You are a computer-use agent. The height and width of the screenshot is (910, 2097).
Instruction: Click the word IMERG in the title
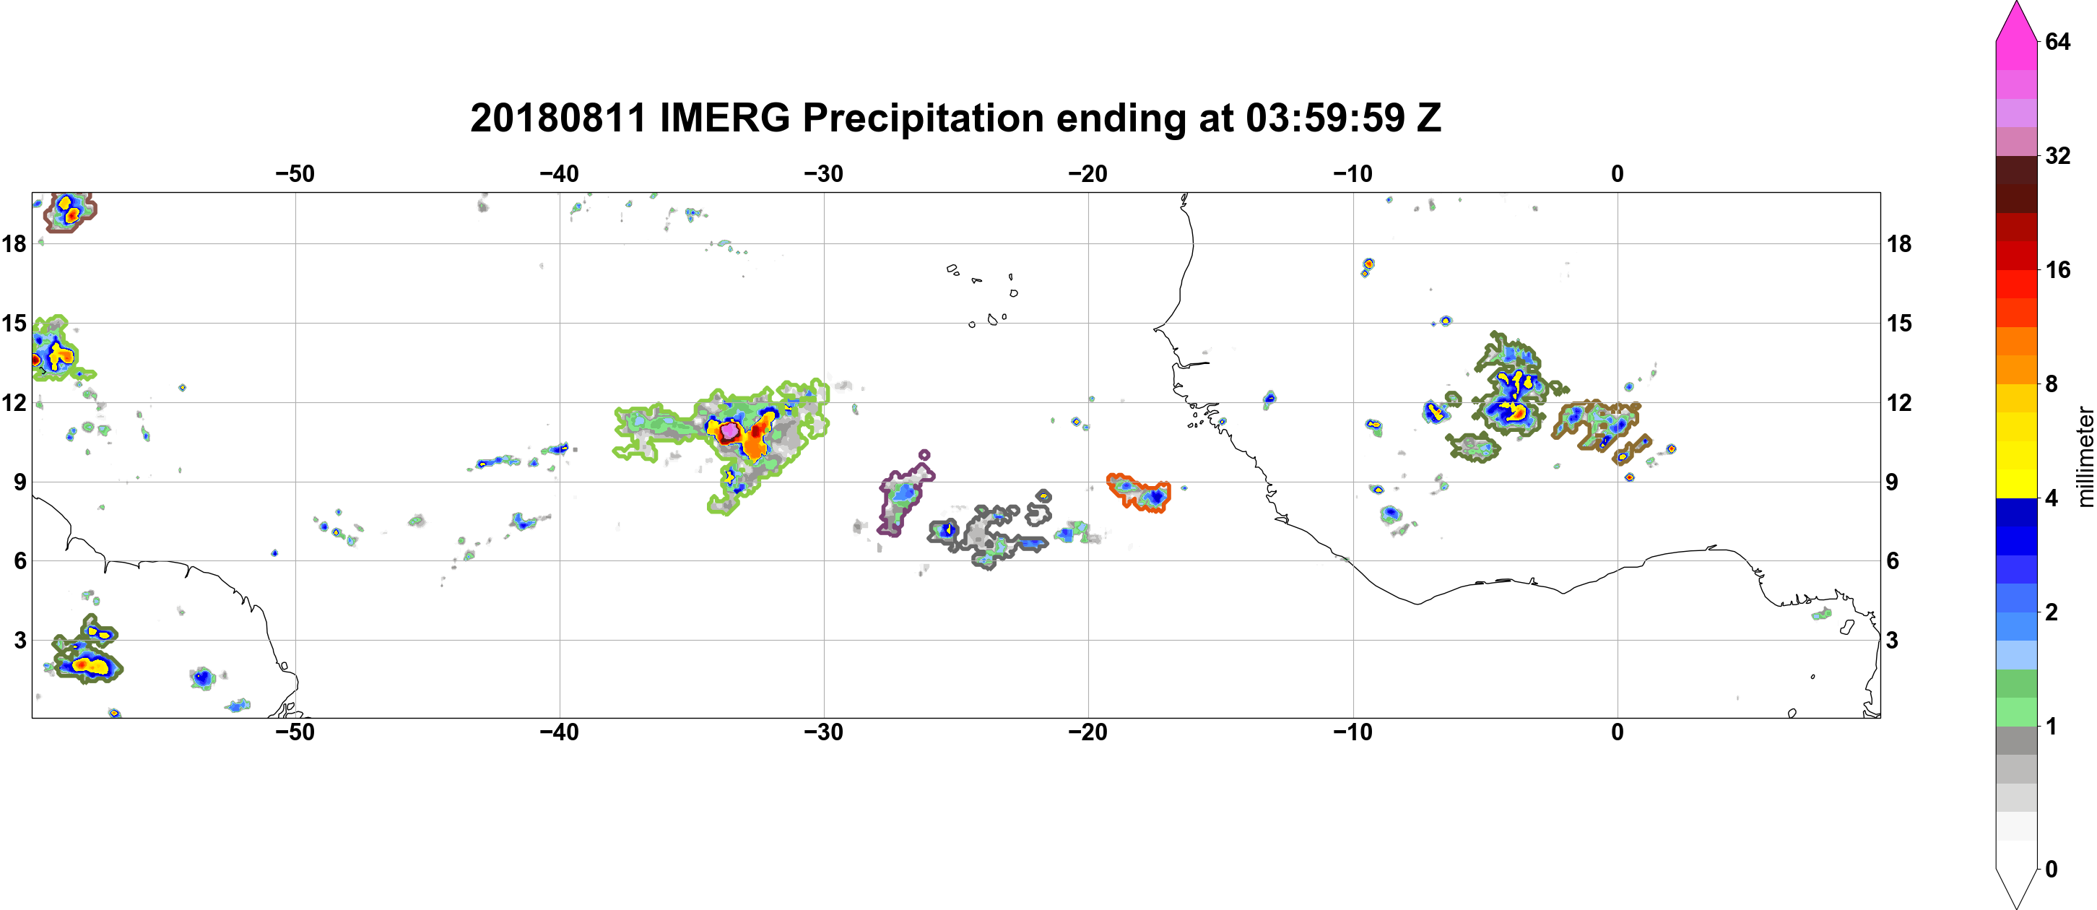tap(724, 118)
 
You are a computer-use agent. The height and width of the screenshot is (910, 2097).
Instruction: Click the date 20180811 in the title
tap(557, 118)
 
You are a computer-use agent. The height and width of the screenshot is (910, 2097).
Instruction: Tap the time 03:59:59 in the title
tap(1324, 118)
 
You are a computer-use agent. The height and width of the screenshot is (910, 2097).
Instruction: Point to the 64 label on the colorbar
tap(2057, 41)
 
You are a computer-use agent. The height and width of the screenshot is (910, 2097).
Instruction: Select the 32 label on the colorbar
tap(2057, 155)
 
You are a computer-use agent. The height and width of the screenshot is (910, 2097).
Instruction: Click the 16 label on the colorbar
tap(2057, 269)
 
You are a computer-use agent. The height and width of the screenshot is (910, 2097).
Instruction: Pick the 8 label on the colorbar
tap(2052, 383)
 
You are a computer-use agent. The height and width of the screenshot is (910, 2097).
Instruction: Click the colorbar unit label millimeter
tap(2085, 456)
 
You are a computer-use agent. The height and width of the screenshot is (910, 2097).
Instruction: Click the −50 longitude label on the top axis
tap(295, 174)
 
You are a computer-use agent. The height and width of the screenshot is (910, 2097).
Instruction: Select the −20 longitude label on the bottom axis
tap(1087, 732)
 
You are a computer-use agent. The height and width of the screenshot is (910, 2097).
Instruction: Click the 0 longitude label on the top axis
tap(1617, 174)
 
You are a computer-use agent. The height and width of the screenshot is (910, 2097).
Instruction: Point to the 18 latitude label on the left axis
tap(14, 243)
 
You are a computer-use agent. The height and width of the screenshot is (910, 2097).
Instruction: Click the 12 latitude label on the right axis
tap(1899, 402)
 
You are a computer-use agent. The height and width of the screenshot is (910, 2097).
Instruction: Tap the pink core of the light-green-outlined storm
tap(729, 430)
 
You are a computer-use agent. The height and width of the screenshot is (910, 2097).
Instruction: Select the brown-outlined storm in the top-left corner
tap(70, 212)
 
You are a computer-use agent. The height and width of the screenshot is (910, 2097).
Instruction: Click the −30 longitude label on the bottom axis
tap(823, 732)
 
